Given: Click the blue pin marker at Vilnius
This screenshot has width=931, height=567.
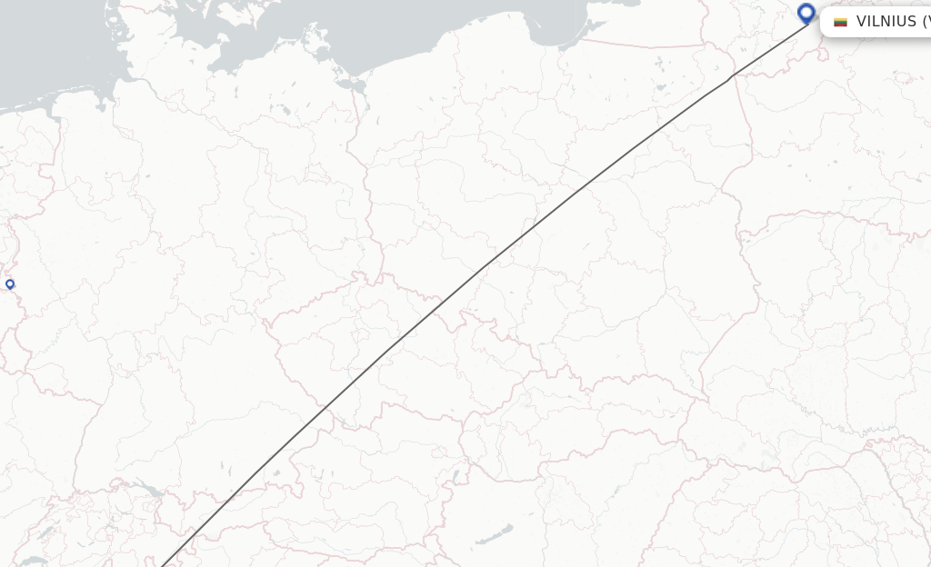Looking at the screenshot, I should pos(806,13).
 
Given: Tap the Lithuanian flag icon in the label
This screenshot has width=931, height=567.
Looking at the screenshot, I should pos(841,22).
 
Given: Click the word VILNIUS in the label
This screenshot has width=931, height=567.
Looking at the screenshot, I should pos(886,22).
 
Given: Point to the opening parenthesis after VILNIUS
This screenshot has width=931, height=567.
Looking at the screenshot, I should pos(925,22).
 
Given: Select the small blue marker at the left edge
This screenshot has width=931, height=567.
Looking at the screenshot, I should pos(10,284).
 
